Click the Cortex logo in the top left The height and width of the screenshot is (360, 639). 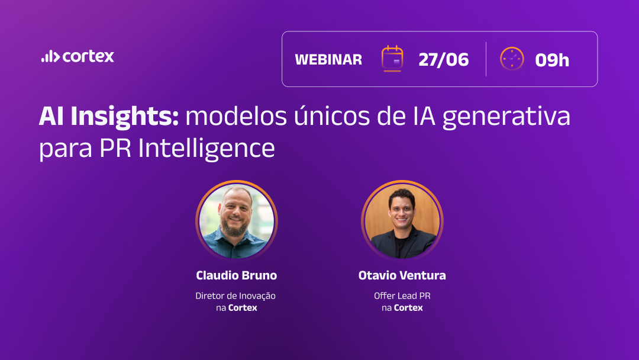(x=78, y=57)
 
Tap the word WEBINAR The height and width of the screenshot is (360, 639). (x=328, y=60)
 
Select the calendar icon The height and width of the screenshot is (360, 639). (x=392, y=59)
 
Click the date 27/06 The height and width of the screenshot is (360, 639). (x=443, y=60)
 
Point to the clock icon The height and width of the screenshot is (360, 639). (x=512, y=59)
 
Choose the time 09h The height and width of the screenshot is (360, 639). (x=552, y=60)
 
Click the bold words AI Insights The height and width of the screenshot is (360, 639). (x=109, y=117)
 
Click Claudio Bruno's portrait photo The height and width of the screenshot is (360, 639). (x=236, y=221)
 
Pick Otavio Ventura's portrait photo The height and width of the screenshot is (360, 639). (x=402, y=221)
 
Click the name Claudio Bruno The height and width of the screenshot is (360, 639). (x=236, y=275)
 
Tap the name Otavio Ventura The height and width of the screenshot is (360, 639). (x=402, y=275)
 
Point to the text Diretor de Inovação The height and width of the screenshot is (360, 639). (x=235, y=295)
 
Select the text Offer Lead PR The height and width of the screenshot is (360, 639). (x=402, y=295)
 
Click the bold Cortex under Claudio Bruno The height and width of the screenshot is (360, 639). (x=243, y=308)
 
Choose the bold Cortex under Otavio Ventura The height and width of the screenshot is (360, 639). (x=408, y=308)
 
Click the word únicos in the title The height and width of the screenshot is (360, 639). (x=323, y=117)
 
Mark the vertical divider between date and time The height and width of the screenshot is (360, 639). (x=486, y=59)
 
